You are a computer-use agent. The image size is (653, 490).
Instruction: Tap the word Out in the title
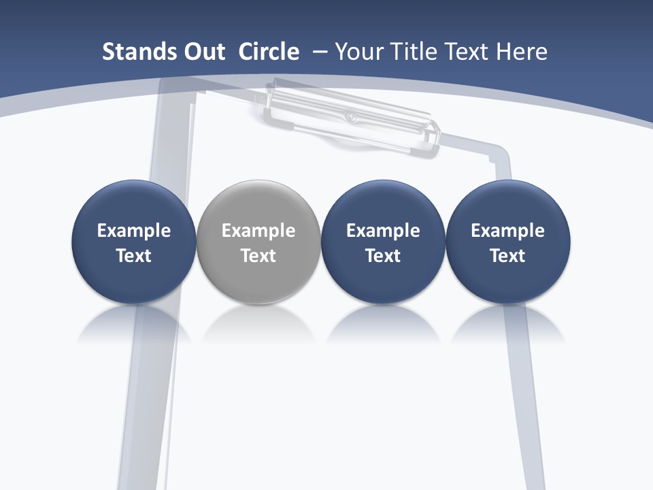[202, 52]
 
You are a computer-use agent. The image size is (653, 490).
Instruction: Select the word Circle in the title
[269, 52]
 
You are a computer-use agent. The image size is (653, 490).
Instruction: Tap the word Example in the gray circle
[258, 231]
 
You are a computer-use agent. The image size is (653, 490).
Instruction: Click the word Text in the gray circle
[258, 256]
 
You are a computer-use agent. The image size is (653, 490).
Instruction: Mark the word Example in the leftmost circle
[134, 231]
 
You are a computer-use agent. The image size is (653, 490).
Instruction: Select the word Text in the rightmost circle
[507, 256]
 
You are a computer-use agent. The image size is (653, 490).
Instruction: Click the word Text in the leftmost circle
[134, 256]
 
